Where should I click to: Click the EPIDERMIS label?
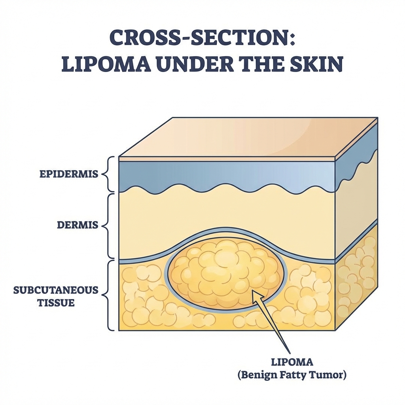tap(69, 174)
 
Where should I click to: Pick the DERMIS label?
tap(77, 225)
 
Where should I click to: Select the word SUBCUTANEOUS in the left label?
tap(56, 290)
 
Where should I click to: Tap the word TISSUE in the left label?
tap(56, 303)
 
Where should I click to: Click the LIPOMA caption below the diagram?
tap(291, 362)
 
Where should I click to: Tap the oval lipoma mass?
tap(225, 273)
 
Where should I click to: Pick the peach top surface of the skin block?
tap(245, 136)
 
